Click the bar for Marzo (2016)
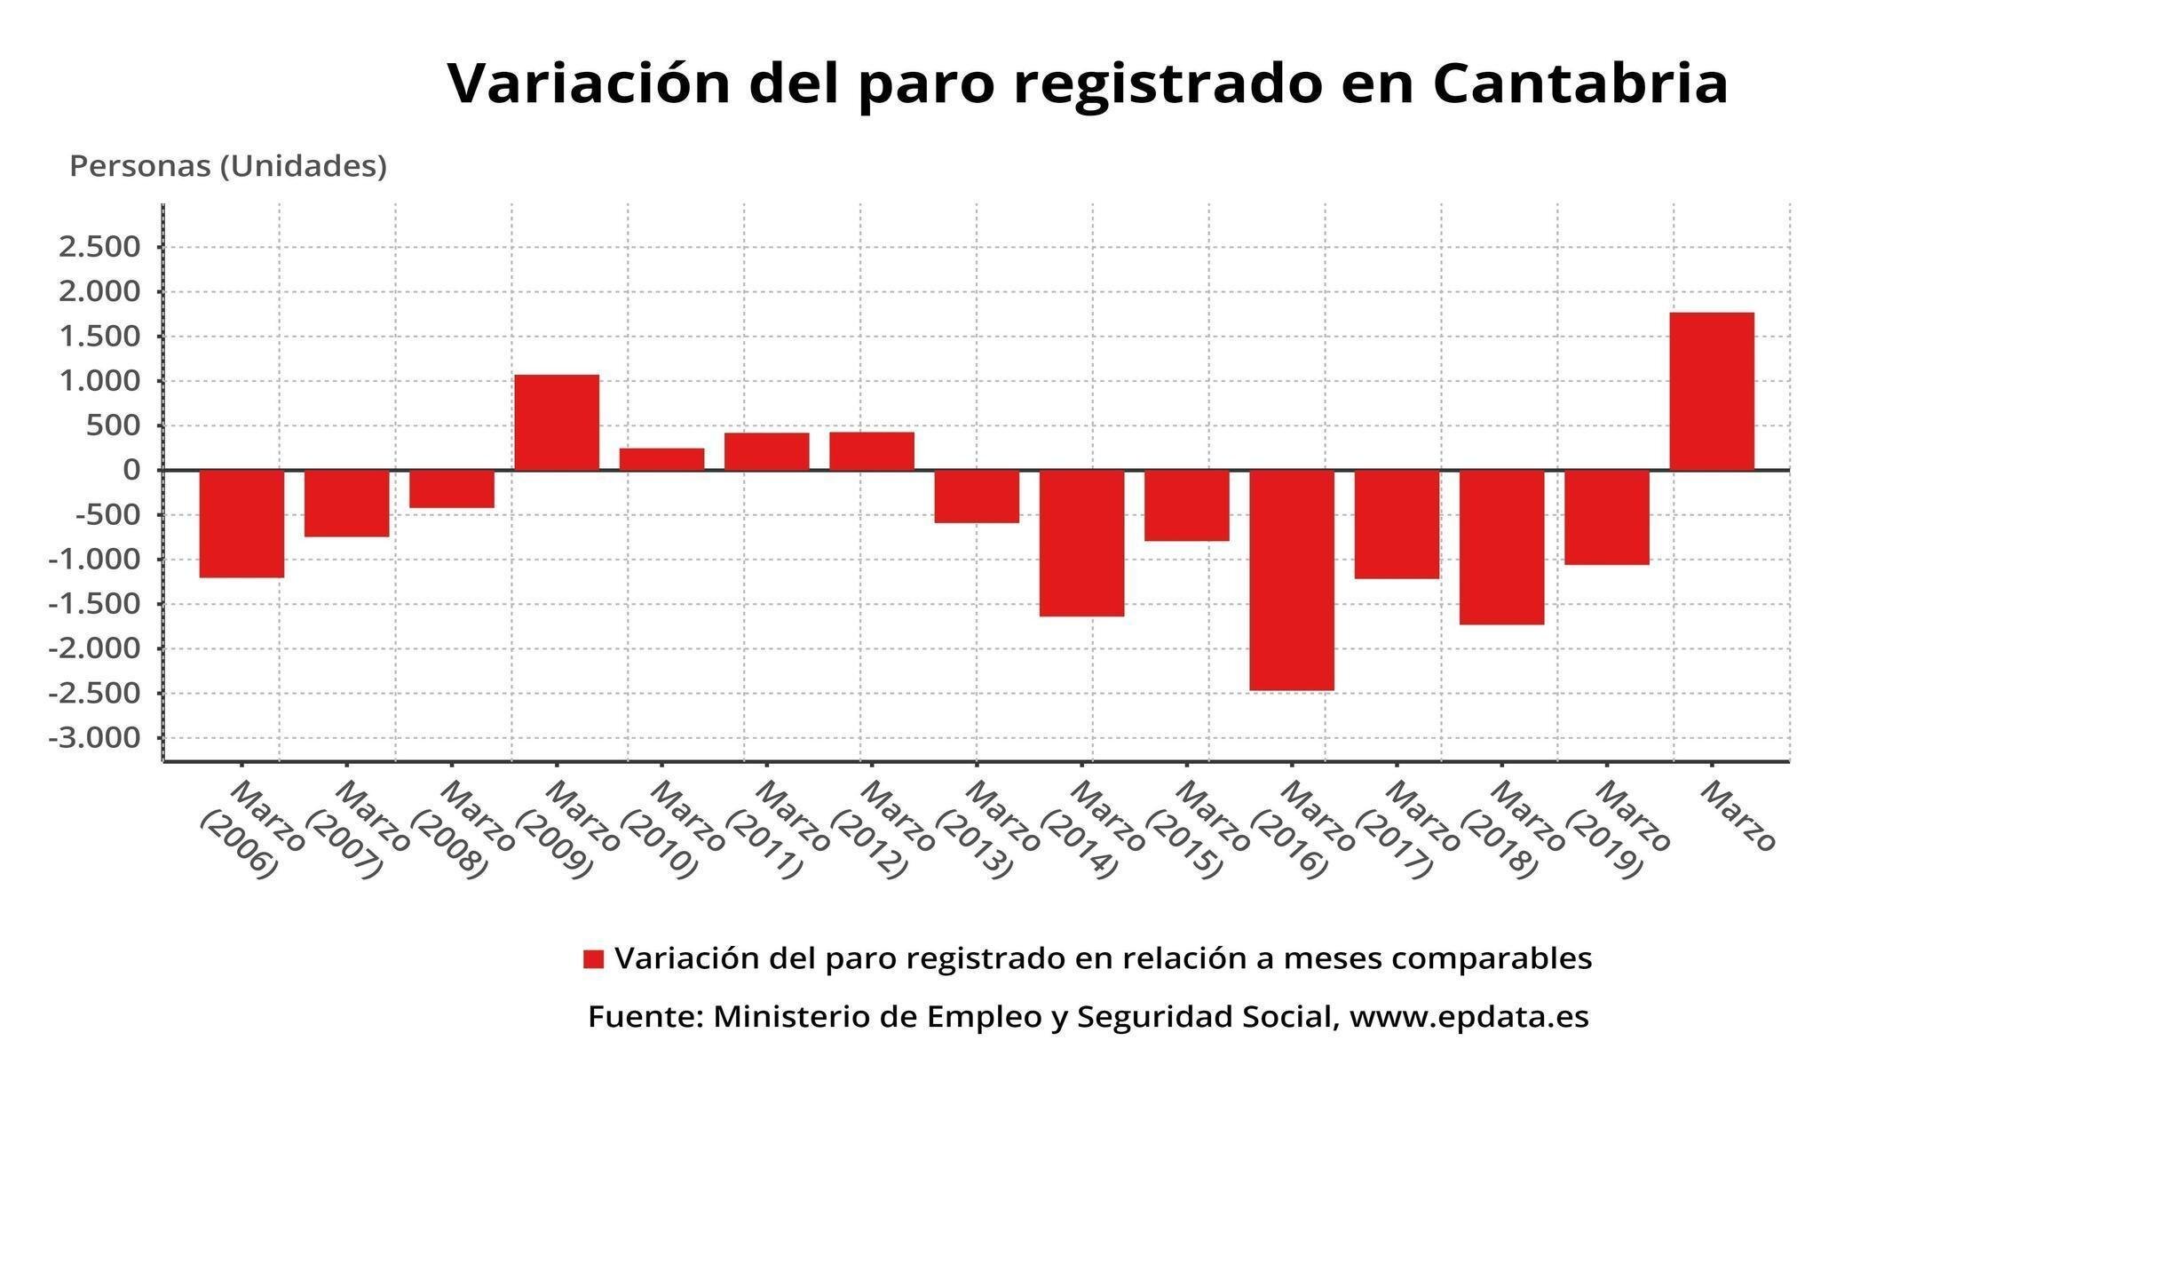point(1291,580)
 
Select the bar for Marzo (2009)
point(557,423)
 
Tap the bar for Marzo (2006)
point(241,524)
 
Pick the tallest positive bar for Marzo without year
point(1711,392)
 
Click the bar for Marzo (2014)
point(1081,543)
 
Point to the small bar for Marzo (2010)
point(661,459)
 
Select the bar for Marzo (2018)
point(1501,547)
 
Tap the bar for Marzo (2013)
point(977,497)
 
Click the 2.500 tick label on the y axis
point(99,247)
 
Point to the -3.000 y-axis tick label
point(95,738)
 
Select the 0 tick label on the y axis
point(131,470)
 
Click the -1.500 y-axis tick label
point(95,604)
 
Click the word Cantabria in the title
point(1579,83)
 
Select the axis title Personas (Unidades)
point(228,166)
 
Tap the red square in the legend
point(593,959)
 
